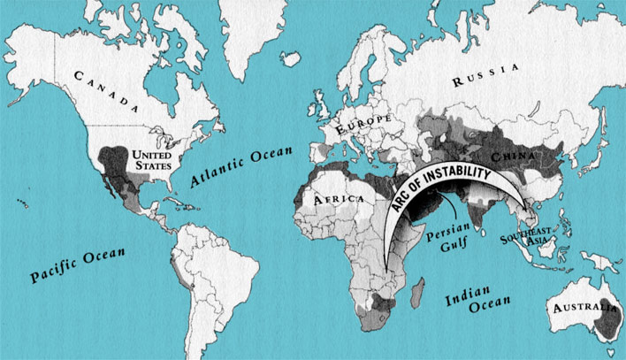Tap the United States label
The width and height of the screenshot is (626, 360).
pyautogui.click(x=151, y=160)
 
